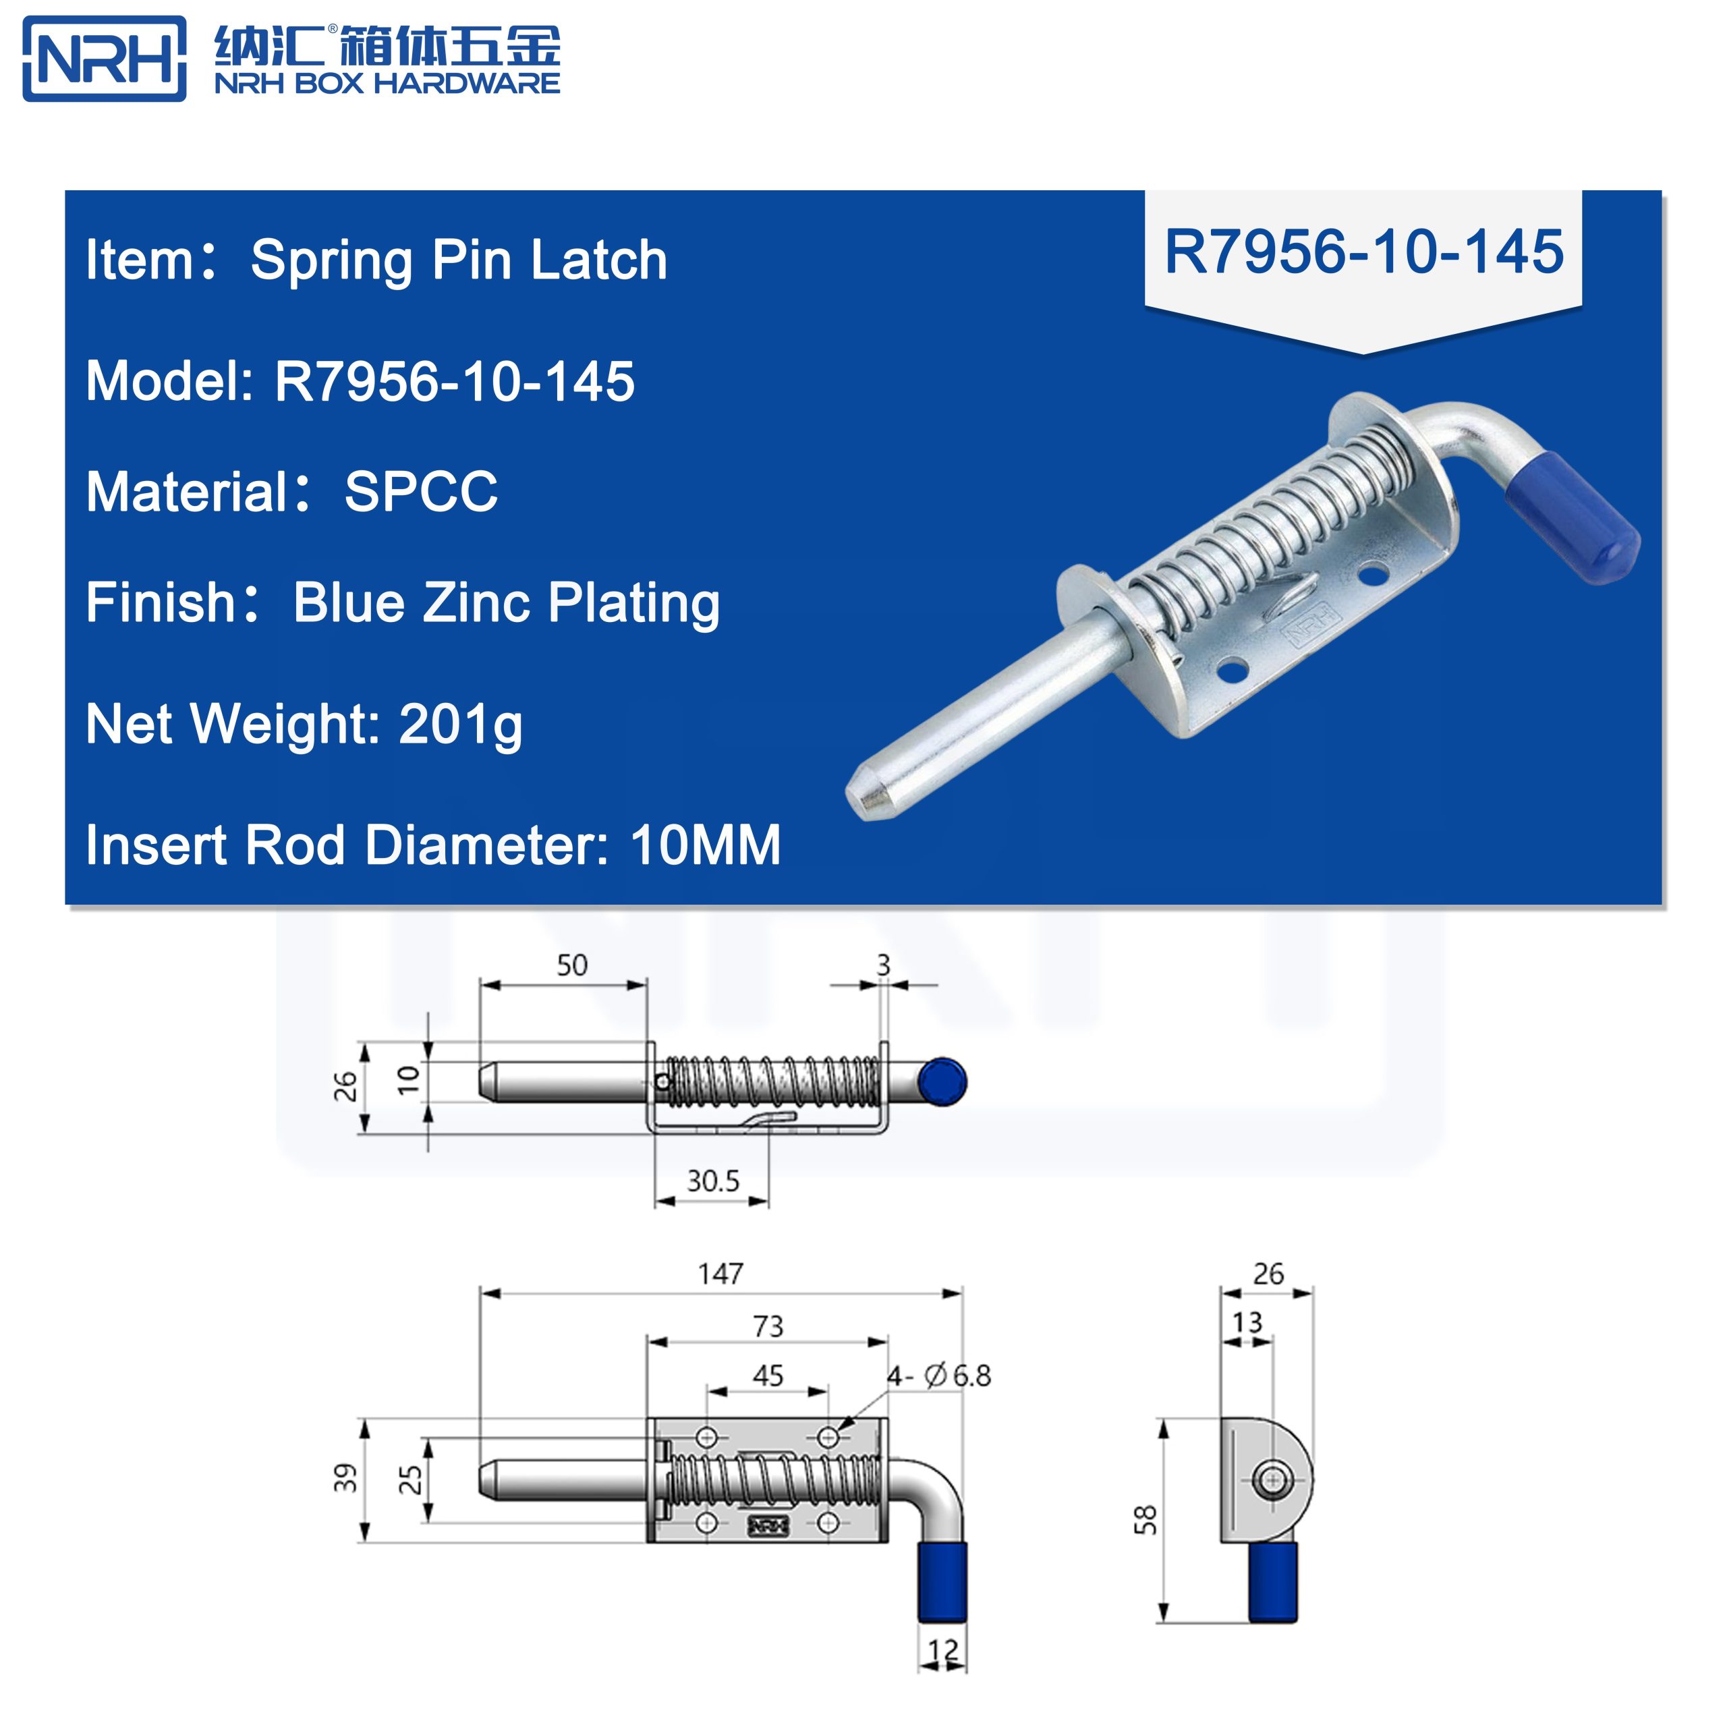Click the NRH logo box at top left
[105, 59]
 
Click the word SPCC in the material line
[420, 492]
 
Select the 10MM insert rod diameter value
[705, 845]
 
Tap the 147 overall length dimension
[720, 1274]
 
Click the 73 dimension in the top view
[768, 1326]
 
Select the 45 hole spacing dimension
[768, 1376]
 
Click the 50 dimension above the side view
[572, 965]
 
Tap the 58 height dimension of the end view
[1145, 1520]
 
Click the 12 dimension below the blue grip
[942, 1650]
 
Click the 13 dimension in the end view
[1247, 1322]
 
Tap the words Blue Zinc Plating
[506, 603]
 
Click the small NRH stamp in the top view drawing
[768, 1526]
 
